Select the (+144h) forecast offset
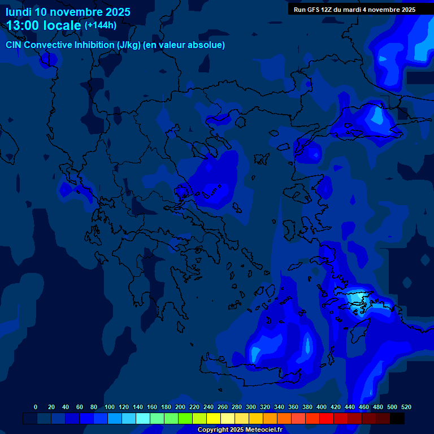(x=100, y=25)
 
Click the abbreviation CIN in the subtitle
(x=14, y=45)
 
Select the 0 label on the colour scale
(x=36, y=407)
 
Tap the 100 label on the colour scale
(x=109, y=407)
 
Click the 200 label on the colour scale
(x=180, y=407)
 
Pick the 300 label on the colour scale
(x=251, y=407)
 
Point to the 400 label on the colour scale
(x=322, y=407)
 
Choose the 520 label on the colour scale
(x=406, y=407)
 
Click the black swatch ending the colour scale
(x=397, y=418)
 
